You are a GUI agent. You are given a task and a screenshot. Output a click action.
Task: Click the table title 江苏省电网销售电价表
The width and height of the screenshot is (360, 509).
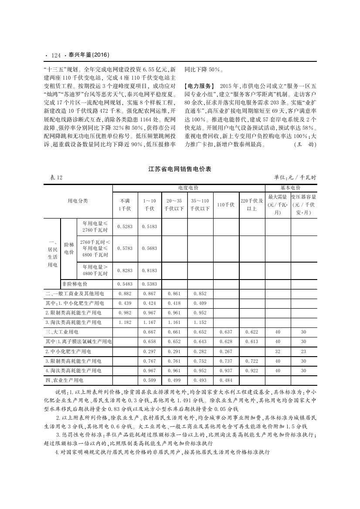180,169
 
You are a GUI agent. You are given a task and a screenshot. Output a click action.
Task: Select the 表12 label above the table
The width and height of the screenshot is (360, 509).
51,177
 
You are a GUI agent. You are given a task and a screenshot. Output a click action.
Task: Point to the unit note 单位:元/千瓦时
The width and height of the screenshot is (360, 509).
295,177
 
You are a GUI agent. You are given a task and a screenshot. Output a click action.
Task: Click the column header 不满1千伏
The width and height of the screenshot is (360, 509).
125,205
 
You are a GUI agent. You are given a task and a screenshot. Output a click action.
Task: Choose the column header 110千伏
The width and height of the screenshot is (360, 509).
226,205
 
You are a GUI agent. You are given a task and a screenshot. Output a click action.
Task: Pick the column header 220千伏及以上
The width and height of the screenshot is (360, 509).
251,205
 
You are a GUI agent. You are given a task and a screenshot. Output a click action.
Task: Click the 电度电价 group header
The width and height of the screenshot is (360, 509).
188,188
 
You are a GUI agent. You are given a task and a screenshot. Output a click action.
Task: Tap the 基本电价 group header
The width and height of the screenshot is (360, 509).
291,188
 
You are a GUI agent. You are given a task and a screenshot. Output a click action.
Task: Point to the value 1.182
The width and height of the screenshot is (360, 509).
125,322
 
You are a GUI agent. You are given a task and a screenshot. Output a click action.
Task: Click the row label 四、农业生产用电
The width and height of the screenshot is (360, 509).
65,380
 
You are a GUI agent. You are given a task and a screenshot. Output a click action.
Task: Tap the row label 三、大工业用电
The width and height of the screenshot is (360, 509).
62,332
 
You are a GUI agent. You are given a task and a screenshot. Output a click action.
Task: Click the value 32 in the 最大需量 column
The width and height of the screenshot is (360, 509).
278,351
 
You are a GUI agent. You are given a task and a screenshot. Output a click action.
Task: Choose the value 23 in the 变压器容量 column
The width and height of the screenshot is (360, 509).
303,351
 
